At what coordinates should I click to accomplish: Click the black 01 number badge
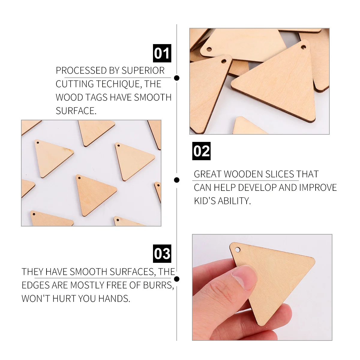click(162, 53)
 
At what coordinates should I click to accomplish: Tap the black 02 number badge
click(201, 151)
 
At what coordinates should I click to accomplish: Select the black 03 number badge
click(162, 253)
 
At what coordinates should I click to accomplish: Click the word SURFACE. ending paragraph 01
click(76, 111)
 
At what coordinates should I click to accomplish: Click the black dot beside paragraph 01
click(177, 78)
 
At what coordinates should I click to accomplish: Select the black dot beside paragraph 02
click(177, 180)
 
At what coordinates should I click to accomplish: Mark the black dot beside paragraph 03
click(177, 279)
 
